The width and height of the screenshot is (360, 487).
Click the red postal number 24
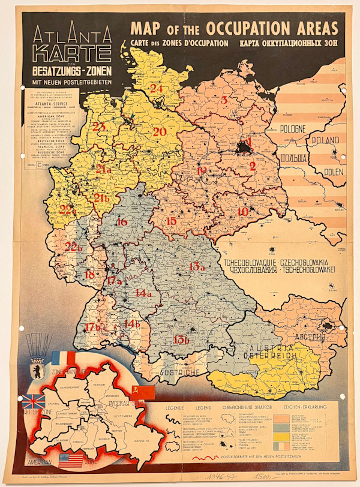[157, 88]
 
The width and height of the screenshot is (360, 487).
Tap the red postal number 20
[160, 131]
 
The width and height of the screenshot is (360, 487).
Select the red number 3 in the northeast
[224, 100]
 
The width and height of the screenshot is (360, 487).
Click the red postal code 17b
[93, 327]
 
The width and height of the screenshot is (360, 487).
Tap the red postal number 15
[172, 221]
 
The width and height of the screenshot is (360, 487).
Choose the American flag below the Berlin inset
[71, 461]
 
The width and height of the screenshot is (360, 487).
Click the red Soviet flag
[142, 392]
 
